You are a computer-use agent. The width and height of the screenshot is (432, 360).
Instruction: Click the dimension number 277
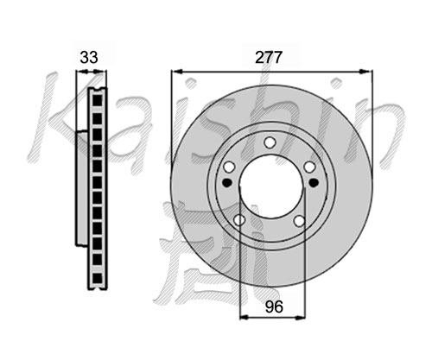click(269, 58)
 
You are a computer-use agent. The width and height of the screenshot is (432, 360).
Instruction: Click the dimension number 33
click(89, 57)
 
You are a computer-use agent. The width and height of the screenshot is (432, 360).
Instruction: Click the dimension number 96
click(274, 306)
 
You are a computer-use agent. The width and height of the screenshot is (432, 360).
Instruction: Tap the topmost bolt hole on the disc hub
click(270, 142)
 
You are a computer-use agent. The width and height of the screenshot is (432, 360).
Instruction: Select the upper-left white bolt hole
click(229, 167)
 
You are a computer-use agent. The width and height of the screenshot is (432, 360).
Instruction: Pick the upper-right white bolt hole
click(310, 167)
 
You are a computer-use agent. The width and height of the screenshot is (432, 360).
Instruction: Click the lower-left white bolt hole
click(239, 220)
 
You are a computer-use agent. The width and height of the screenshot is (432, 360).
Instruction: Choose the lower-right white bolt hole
click(300, 221)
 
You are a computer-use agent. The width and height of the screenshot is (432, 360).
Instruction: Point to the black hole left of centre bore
click(227, 182)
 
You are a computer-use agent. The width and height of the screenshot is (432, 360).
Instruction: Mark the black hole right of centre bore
click(313, 182)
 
